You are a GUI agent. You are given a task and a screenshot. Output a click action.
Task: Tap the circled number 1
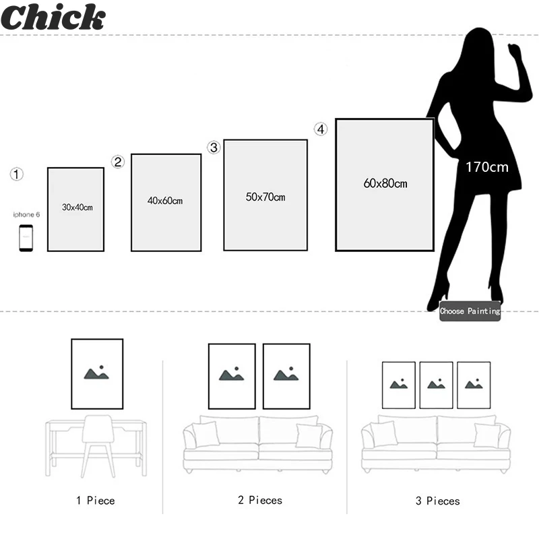17,175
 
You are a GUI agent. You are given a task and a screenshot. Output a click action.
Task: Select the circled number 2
118,162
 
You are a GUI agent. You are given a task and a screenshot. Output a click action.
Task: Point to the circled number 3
214,148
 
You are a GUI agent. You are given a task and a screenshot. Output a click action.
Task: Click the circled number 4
321,129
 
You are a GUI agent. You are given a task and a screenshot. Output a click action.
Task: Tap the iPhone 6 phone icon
26,238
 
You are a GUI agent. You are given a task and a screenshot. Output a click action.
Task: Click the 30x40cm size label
77,208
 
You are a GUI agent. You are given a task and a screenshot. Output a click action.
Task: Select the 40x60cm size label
165,201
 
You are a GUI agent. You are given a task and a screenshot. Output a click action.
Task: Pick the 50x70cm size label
265,197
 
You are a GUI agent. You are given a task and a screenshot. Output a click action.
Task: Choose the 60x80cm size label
385,183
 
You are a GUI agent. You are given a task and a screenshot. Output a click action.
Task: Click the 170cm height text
486,166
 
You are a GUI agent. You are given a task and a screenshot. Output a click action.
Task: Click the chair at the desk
98,445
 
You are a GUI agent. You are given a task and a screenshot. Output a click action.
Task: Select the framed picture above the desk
97,374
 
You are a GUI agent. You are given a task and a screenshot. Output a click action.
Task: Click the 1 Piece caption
95,501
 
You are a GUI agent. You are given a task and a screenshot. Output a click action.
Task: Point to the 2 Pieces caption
259,500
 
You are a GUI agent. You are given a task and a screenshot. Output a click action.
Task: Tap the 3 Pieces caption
437,501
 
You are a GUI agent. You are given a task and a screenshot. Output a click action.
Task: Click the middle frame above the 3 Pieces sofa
436,385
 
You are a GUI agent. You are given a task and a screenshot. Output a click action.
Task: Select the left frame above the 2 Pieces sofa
232,376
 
